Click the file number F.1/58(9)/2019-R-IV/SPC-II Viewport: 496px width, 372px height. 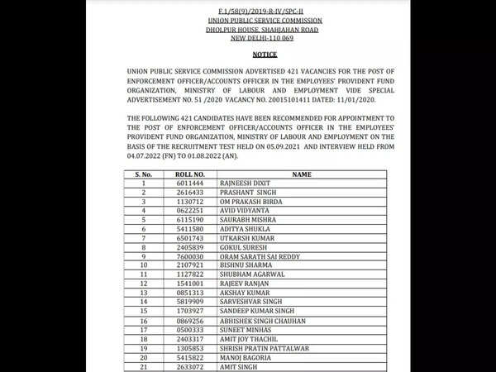click(247, 7)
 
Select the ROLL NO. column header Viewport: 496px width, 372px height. click(187, 175)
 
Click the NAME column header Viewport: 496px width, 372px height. click(301, 175)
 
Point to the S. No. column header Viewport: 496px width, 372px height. click(143, 175)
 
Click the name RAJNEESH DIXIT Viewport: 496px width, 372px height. click(246, 184)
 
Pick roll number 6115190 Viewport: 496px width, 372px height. click(187, 220)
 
